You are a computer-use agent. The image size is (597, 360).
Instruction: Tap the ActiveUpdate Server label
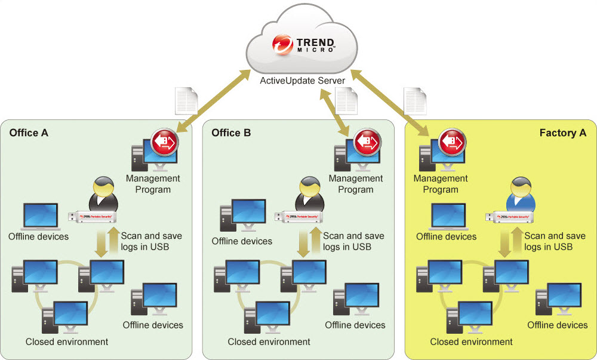click(x=302, y=80)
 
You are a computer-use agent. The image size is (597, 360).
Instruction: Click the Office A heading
click(x=29, y=132)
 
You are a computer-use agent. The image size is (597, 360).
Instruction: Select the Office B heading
click(x=231, y=132)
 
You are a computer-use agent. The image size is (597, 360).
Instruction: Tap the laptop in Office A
click(x=41, y=217)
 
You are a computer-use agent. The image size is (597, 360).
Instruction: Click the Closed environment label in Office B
click(x=269, y=341)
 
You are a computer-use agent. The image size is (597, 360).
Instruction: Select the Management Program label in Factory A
click(x=441, y=184)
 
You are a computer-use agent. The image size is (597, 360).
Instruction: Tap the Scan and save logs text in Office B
click(x=353, y=241)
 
